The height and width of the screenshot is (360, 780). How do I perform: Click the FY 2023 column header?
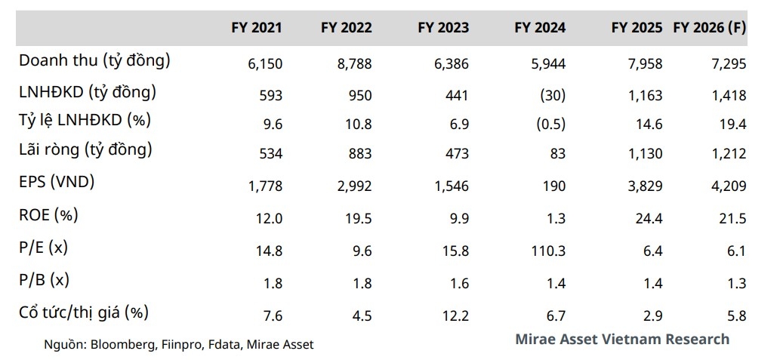click(x=442, y=28)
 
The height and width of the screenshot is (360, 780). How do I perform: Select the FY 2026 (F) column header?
click(x=709, y=28)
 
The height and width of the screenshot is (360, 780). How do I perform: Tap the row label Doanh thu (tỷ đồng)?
click(x=94, y=61)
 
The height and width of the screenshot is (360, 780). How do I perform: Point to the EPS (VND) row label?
click(x=57, y=182)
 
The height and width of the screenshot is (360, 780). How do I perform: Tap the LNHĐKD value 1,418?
click(x=729, y=95)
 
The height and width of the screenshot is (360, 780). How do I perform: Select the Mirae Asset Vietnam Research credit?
click(x=622, y=339)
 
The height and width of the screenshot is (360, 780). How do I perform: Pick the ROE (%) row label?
click(x=48, y=214)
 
